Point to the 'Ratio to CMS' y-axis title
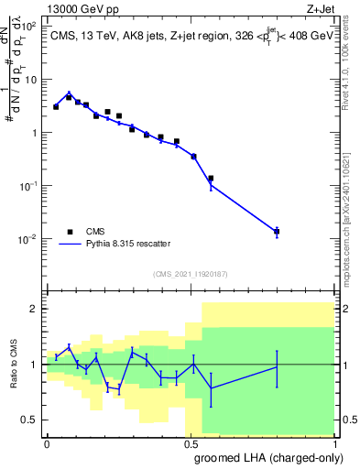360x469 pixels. tap(12, 365)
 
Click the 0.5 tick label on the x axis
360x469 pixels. tap(191, 443)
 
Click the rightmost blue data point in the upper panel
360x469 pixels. tap(277, 232)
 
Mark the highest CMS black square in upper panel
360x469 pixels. tap(69, 96)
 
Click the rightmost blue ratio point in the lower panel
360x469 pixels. tap(277, 367)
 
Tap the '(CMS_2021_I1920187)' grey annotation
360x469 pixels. tap(191, 273)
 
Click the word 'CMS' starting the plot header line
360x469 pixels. tap(65, 34)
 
